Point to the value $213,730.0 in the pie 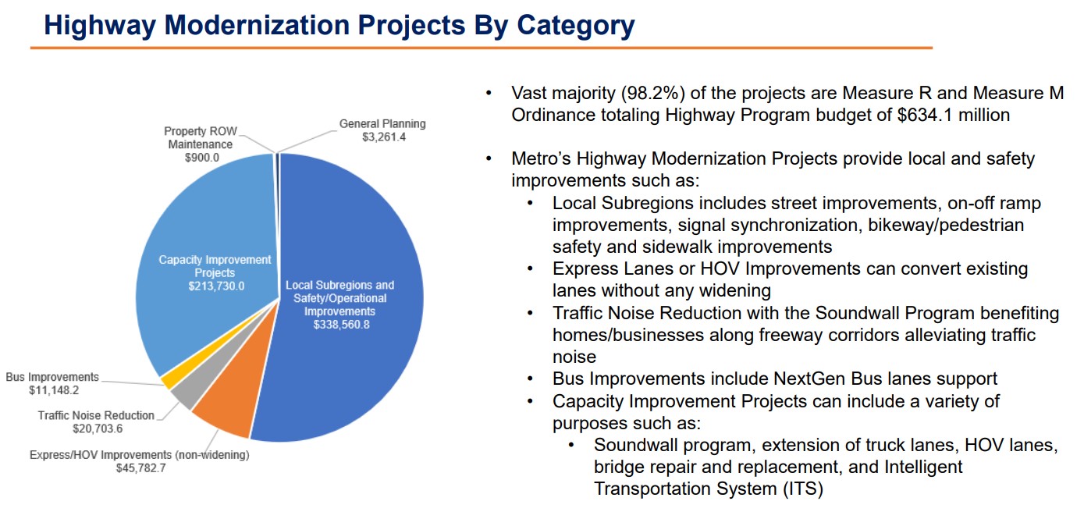tap(216, 286)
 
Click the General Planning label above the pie tap(382, 123)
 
